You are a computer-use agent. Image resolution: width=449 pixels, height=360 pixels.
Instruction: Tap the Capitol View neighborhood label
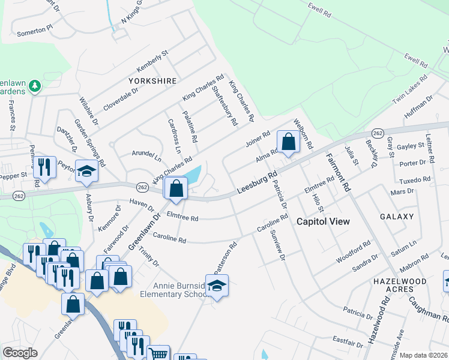click(x=324, y=221)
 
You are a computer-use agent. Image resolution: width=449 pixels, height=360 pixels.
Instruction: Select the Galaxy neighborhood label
click(x=397, y=216)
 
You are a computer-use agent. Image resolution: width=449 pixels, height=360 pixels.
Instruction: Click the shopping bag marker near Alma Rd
click(x=289, y=143)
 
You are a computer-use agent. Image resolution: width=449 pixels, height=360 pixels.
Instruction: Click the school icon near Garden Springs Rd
click(x=87, y=172)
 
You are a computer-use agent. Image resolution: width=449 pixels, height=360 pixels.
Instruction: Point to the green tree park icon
click(x=35, y=86)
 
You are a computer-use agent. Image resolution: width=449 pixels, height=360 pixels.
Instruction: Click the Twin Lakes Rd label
click(x=409, y=91)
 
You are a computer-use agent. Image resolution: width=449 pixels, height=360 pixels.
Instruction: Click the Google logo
click(x=20, y=352)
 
